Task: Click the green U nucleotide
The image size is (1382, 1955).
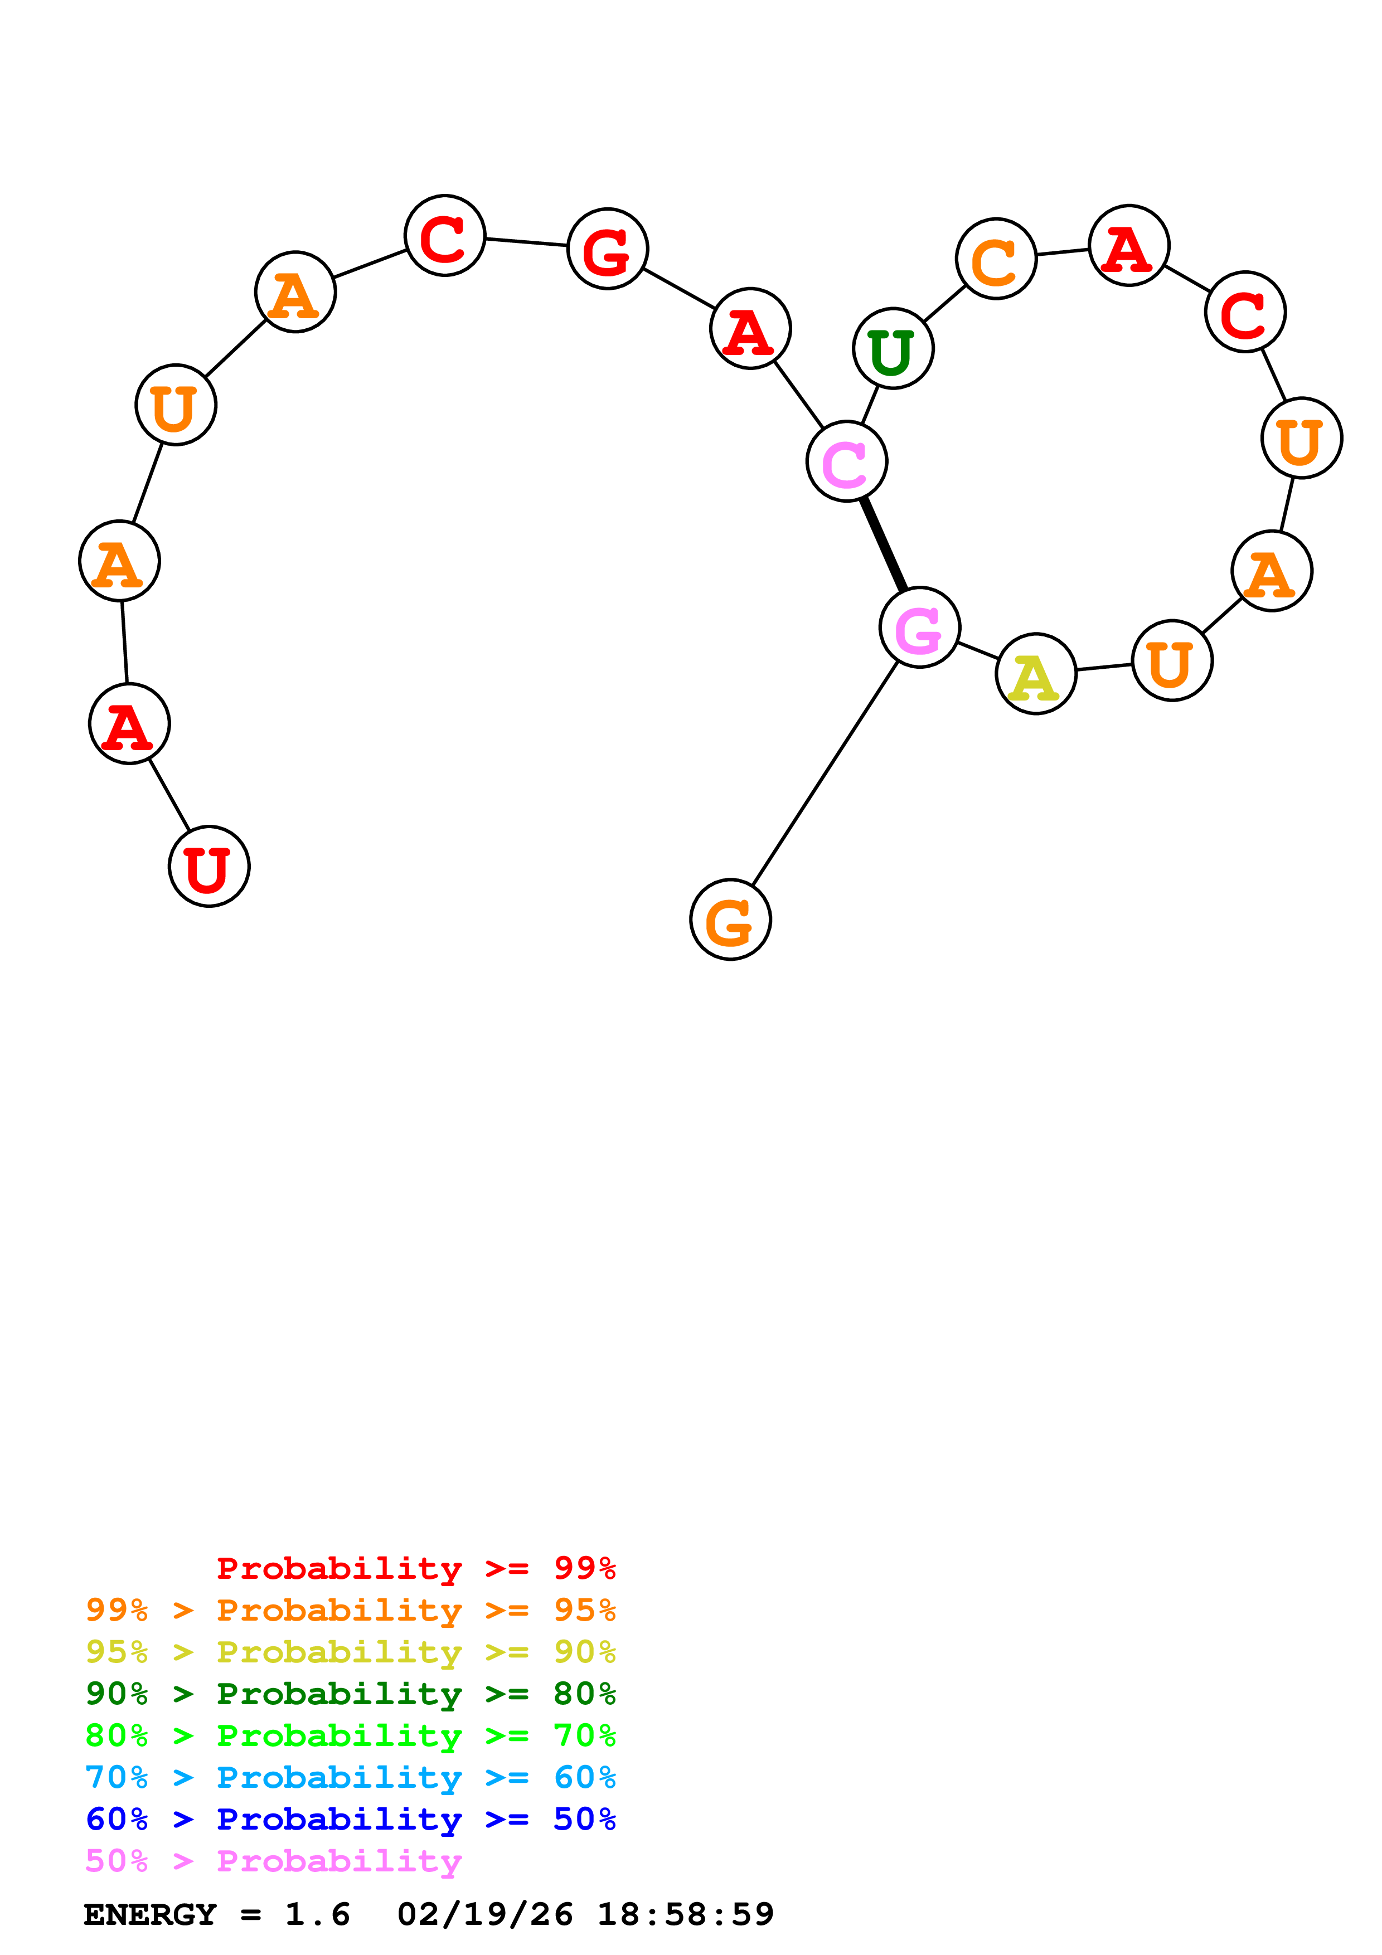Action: click(893, 348)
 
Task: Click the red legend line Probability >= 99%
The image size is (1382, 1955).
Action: click(415, 1568)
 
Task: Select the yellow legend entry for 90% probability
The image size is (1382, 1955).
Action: click(350, 1653)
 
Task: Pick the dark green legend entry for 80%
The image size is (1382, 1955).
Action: click(350, 1694)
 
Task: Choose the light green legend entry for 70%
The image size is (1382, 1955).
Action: click(350, 1736)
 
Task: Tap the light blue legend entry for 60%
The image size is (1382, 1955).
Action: click(350, 1778)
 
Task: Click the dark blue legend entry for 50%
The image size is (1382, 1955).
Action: click(350, 1820)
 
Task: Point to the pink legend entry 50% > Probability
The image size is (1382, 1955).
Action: click(273, 1861)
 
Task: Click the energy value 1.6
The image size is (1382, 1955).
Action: click(318, 1915)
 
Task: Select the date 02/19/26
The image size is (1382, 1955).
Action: click(484, 1915)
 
